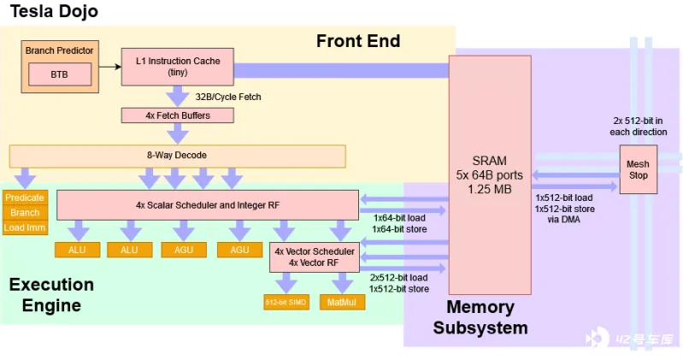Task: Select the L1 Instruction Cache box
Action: [178, 66]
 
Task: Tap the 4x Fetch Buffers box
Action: [177, 115]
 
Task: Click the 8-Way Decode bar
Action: [177, 156]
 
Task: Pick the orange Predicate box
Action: [25, 198]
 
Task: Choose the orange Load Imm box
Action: [25, 227]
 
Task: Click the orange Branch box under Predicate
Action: [25, 212]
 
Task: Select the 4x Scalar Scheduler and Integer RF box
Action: [207, 205]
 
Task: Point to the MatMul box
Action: [342, 302]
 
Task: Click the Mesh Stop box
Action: [639, 169]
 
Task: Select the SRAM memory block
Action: [489, 175]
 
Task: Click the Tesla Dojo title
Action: [53, 11]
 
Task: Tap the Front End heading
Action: [358, 40]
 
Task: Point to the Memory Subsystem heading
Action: [480, 316]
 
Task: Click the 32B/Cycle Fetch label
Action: [228, 97]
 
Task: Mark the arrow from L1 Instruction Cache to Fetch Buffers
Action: [178, 96]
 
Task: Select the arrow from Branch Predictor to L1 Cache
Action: [109, 63]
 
